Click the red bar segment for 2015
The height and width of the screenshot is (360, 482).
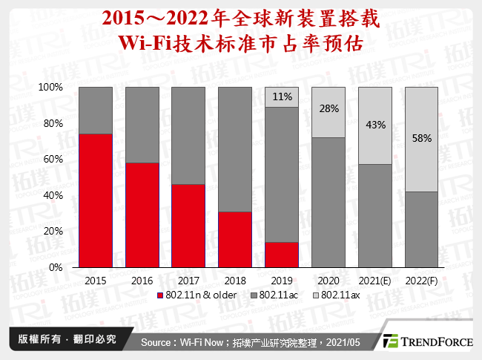[96, 200]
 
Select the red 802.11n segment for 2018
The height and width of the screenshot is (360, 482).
[235, 239]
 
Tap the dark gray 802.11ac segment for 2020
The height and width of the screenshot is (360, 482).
[329, 202]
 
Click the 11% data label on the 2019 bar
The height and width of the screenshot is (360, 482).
[282, 96]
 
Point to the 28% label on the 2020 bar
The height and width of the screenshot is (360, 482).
[329, 108]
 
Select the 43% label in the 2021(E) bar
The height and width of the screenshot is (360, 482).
[375, 125]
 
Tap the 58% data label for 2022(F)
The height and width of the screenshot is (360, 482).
[422, 138]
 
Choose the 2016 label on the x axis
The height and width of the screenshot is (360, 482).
[142, 281]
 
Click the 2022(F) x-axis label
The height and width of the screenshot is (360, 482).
[422, 281]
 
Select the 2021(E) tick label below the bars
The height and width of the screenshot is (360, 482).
[375, 281]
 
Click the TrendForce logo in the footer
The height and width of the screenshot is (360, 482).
[428, 341]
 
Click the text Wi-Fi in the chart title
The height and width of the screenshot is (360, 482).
[149, 43]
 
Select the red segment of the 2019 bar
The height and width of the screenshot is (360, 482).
[282, 254]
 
